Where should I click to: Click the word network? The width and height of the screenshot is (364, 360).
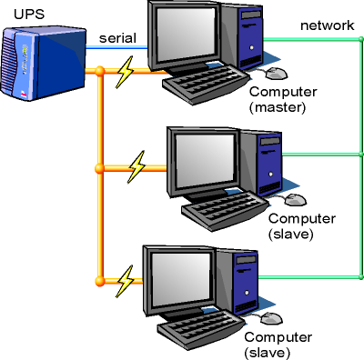327,25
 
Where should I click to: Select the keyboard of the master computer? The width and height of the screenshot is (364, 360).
205,85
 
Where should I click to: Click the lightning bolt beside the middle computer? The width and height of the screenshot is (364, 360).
137,165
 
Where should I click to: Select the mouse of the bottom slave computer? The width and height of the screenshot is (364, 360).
272,318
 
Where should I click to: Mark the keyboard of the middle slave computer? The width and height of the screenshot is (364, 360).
223,211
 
